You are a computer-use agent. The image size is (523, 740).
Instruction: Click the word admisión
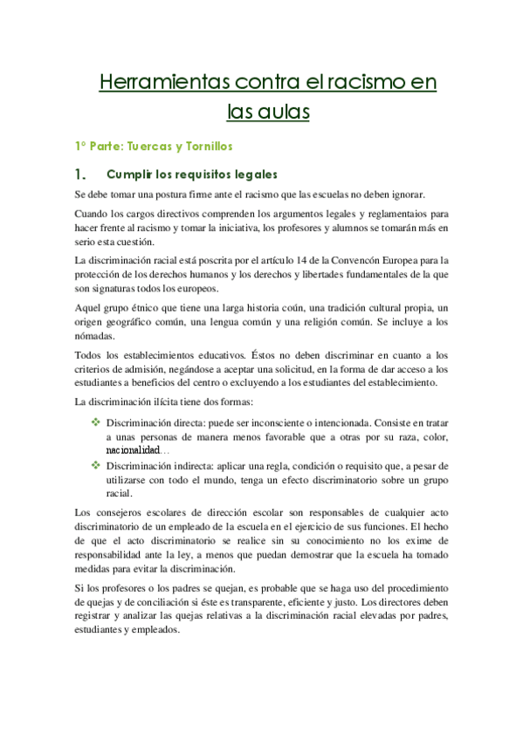pos(155,369)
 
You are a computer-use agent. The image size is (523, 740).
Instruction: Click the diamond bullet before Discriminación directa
pos(96,421)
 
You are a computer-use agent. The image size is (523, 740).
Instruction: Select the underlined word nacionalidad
pos(132,449)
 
